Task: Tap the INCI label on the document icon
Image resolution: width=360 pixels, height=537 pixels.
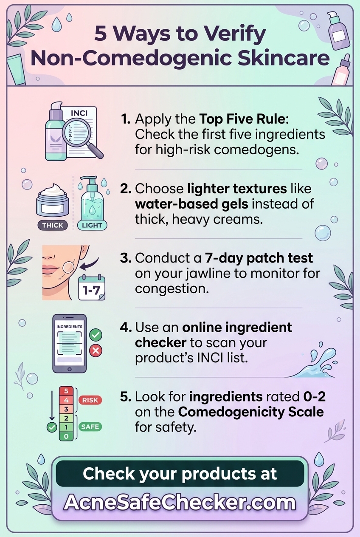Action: (79, 113)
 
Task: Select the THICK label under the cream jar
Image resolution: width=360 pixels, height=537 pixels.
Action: (53, 225)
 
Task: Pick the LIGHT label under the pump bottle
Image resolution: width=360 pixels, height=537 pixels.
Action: (92, 225)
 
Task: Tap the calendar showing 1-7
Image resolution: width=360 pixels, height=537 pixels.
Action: (92, 288)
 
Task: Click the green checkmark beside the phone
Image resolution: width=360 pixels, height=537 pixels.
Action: (96, 335)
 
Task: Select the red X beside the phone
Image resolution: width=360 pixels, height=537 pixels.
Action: (96, 351)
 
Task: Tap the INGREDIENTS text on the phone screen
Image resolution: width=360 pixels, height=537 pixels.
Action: (69, 327)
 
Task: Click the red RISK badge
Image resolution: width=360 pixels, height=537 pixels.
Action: (90, 400)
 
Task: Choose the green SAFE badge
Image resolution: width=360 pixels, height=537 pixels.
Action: (90, 427)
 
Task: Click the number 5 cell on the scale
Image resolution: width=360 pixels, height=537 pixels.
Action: (66, 391)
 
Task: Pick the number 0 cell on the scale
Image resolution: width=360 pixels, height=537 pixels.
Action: (66, 436)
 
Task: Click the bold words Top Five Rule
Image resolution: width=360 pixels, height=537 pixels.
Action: (242, 119)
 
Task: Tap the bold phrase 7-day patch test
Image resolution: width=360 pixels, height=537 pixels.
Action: (259, 258)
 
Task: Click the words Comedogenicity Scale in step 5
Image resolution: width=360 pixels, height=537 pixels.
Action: (251, 412)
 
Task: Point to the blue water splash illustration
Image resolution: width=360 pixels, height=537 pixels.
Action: (311, 360)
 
